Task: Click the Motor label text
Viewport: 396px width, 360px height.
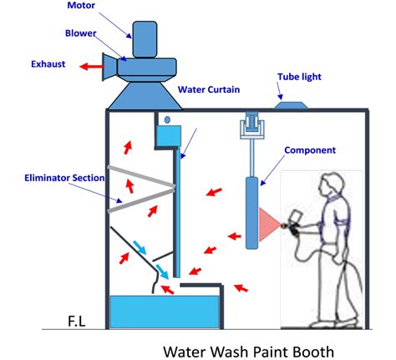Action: tap(81, 5)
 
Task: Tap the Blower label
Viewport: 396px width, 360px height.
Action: tap(80, 33)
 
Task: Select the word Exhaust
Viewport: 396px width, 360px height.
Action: tap(48, 64)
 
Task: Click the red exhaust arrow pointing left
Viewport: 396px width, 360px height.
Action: tap(91, 67)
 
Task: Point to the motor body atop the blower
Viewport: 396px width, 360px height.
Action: tap(145, 39)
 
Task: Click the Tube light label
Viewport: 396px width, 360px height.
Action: tap(299, 77)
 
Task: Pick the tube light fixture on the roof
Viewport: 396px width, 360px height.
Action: tap(292, 105)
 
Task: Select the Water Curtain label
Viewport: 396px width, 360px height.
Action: tap(209, 89)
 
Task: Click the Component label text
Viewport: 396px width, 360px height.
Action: tap(310, 150)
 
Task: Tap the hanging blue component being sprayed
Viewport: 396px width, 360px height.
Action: tap(251, 213)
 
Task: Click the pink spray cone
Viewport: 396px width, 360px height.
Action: tap(269, 225)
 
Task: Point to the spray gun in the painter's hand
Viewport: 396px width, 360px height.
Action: tap(294, 223)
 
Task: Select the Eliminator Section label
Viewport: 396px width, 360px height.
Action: tap(64, 178)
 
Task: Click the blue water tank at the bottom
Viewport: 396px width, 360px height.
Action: tap(165, 312)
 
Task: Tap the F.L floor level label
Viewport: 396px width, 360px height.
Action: tap(77, 322)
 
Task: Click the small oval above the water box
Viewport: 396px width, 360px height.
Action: tap(167, 119)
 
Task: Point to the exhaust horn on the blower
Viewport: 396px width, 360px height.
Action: tap(109, 67)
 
